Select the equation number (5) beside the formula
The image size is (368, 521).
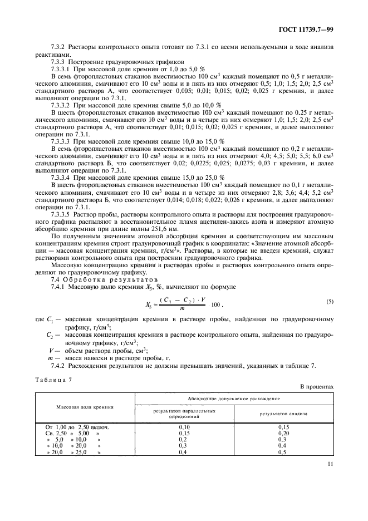click(330, 301)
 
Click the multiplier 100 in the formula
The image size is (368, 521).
click(214, 306)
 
